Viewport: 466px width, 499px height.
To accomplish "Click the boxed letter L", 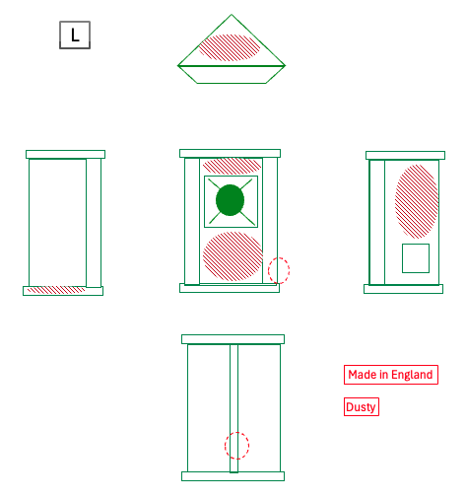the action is [x=75, y=36].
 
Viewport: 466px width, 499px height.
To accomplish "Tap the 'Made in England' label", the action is [x=391, y=375].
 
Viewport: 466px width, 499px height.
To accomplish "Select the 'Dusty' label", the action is [x=362, y=407].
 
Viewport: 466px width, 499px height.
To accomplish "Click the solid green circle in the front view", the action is [x=230, y=200].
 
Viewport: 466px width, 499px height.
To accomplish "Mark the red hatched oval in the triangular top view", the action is [x=230, y=47].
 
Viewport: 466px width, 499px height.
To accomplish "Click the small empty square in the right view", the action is [x=416, y=258].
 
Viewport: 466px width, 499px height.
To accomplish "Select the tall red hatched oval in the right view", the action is [x=417, y=201].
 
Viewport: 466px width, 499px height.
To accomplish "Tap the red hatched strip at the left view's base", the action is [x=56, y=290].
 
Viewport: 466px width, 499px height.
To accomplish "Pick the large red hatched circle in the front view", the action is [x=233, y=256].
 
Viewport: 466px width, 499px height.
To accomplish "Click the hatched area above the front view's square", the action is [x=232, y=166].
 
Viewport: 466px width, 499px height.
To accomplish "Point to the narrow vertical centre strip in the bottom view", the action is [x=233, y=408].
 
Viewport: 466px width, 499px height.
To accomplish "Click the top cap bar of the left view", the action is [x=66, y=155].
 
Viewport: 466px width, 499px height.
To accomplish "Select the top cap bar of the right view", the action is [x=406, y=156].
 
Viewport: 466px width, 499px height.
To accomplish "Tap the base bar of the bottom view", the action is [x=233, y=476].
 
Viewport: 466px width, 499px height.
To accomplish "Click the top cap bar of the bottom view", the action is [x=233, y=339].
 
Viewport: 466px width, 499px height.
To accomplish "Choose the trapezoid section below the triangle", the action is [x=232, y=75].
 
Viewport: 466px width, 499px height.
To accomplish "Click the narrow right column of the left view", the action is [x=94, y=223].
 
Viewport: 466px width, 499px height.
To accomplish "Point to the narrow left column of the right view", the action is [x=377, y=223].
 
